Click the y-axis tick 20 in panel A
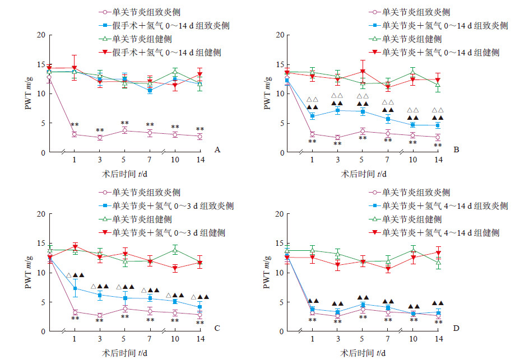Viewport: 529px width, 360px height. tap(41, 35)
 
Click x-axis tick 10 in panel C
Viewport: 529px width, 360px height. tap(175, 340)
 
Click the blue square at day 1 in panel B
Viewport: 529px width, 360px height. tap(313, 116)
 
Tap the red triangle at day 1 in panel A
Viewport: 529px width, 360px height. tap(75, 68)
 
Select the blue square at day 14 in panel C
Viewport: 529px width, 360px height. tap(200, 307)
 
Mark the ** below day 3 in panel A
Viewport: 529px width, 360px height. tap(100, 130)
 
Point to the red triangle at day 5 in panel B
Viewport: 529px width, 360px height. tap(363, 72)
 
